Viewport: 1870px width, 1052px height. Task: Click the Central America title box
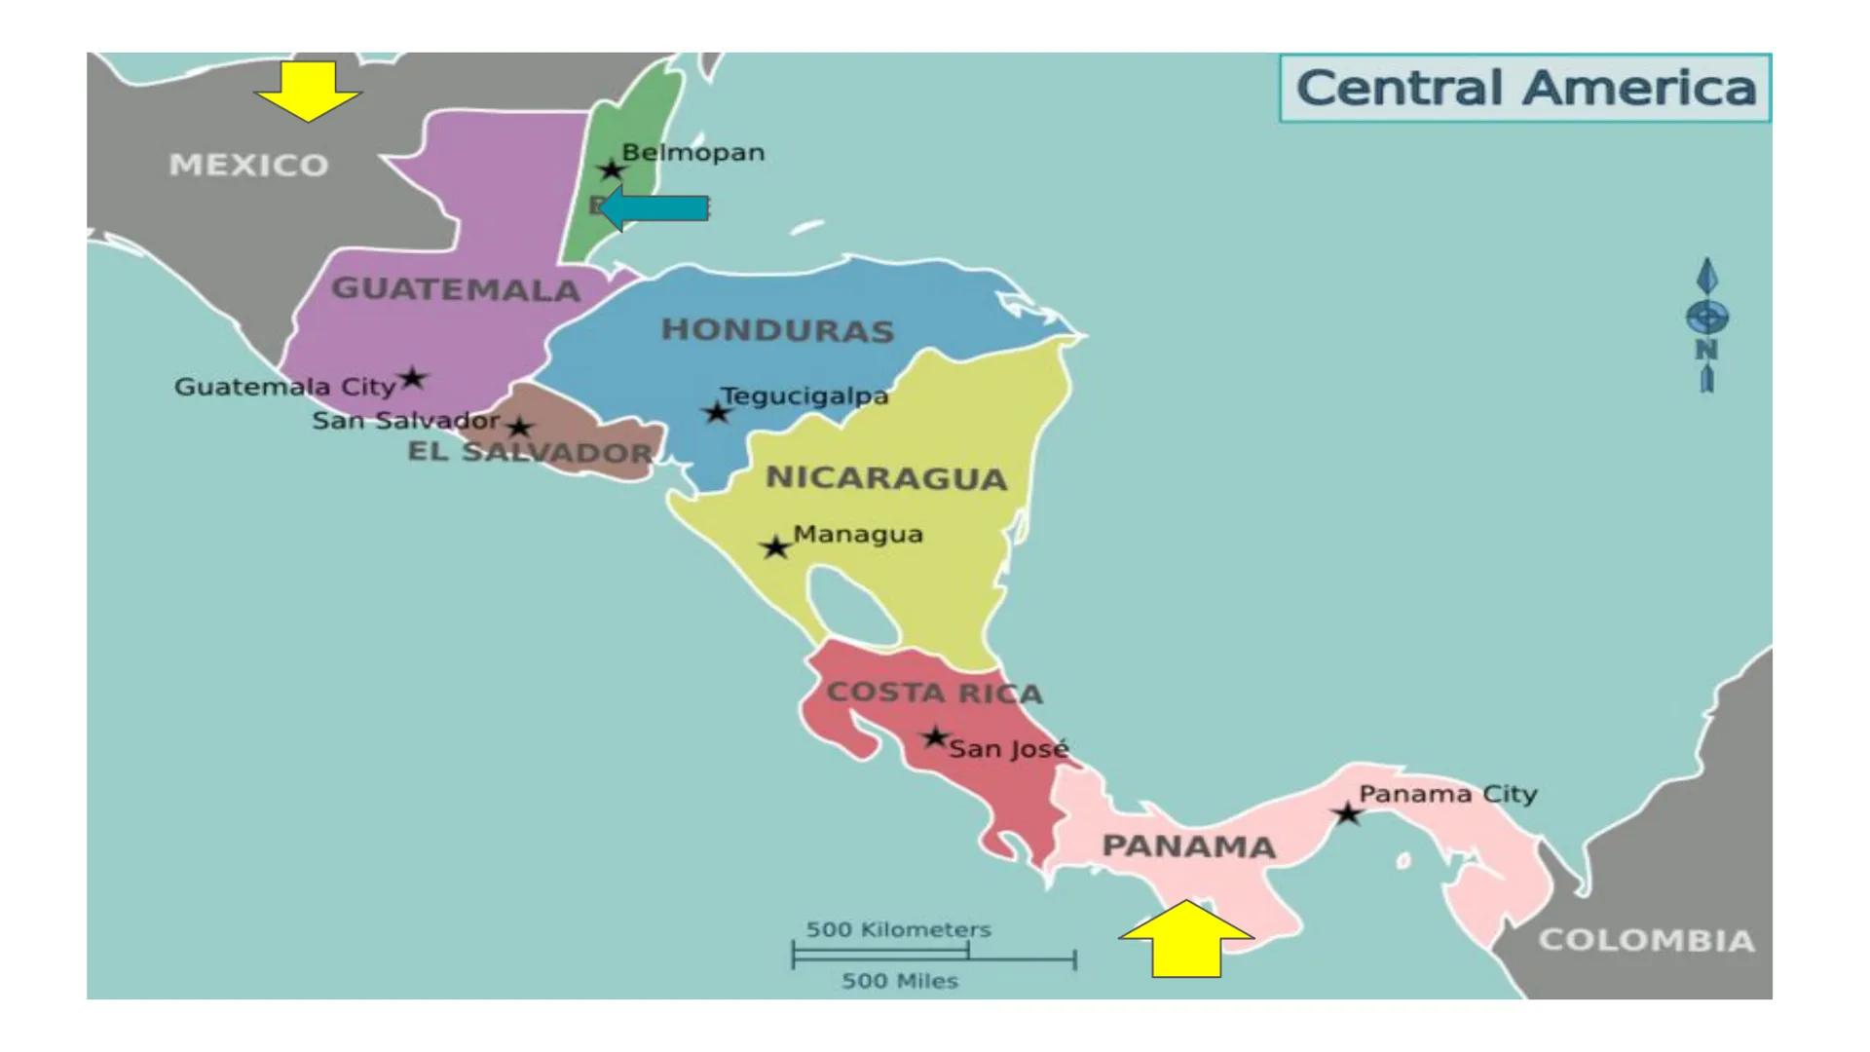(1524, 88)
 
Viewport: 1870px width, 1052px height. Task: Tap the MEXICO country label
(249, 165)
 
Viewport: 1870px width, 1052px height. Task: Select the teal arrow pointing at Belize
(654, 208)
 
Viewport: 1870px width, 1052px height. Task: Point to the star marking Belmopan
(611, 170)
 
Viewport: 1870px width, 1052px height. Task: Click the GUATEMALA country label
(456, 289)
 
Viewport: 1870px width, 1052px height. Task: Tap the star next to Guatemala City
(413, 378)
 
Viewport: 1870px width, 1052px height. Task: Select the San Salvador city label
(405, 421)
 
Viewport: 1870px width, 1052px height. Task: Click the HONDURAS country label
(777, 330)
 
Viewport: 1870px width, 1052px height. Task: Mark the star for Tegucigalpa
(717, 413)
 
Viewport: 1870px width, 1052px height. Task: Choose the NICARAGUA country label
(886, 478)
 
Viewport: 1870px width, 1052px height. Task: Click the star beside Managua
(775, 547)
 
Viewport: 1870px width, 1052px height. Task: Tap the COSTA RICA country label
(934, 693)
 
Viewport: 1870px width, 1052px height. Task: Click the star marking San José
(935, 737)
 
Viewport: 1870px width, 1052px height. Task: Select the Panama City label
(1447, 794)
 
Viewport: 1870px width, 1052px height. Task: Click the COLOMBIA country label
(1646, 940)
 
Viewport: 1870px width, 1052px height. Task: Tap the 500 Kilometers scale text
(898, 929)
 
